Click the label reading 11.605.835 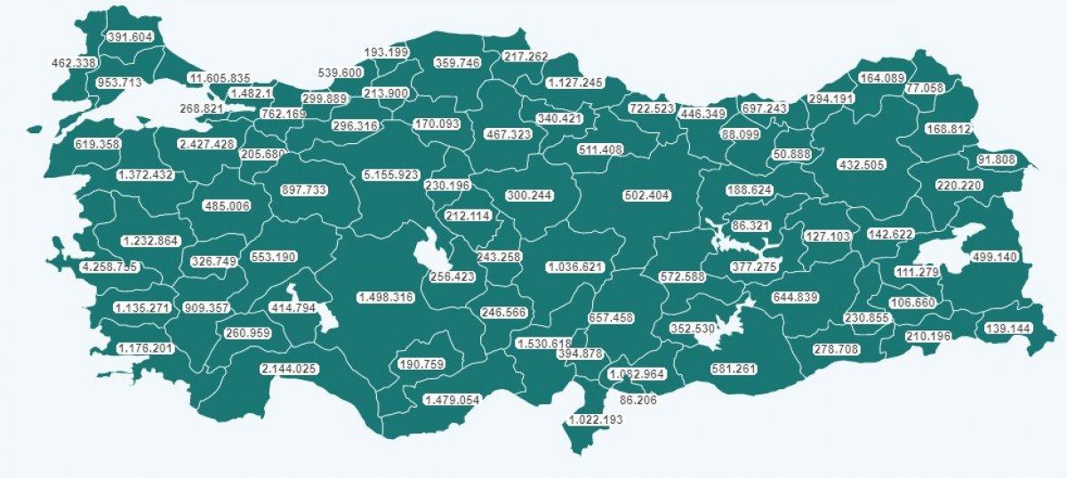click(219, 78)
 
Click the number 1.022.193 click(596, 419)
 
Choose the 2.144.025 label click(290, 369)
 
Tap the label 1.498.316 click(386, 297)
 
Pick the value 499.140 click(993, 257)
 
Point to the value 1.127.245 click(574, 83)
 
